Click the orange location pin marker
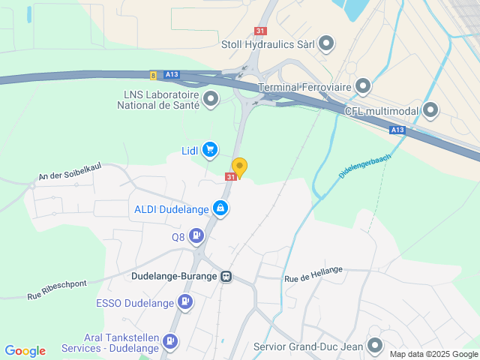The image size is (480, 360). click(239, 167)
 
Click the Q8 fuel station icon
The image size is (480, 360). click(196, 237)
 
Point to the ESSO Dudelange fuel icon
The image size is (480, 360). click(184, 303)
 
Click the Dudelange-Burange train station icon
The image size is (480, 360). click(226, 276)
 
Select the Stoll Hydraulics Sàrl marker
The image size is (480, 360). click(326, 43)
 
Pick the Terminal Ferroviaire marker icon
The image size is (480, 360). click(363, 87)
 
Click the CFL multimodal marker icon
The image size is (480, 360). click(430, 111)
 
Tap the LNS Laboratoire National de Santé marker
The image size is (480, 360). click(211, 99)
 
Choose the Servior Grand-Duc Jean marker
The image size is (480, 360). click(375, 346)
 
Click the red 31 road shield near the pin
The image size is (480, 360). click(230, 177)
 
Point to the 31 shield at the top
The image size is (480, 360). click(260, 31)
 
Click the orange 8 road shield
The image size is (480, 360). click(153, 74)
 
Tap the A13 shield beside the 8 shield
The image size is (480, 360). click(172, 74)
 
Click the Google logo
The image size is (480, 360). click(25, 350)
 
